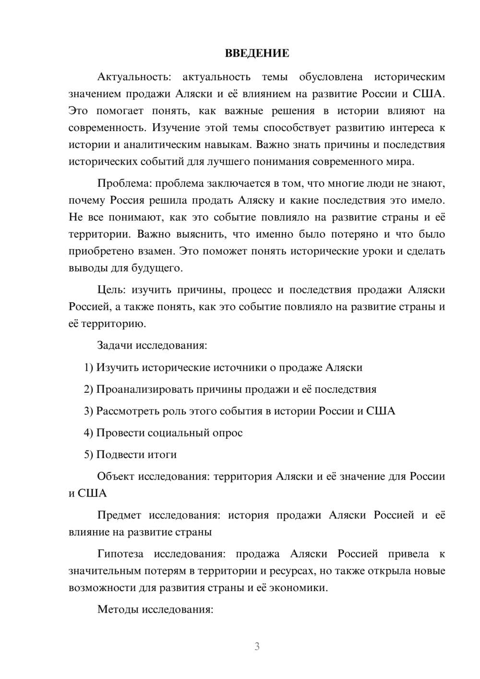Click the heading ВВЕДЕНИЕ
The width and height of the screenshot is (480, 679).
click(257, 53)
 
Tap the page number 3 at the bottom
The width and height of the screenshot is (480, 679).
click(257, 646)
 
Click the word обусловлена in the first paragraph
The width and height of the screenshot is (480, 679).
click(331, 77)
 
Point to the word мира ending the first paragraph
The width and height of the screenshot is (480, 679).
click(401, 162)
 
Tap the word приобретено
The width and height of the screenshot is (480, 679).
click(97, 251)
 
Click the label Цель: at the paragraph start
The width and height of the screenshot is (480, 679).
click(111, 290)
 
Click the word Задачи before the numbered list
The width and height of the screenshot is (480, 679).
click(115, 345)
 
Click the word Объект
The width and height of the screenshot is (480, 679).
click(116, 476)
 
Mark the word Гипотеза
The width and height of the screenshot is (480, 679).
click(120, 554)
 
